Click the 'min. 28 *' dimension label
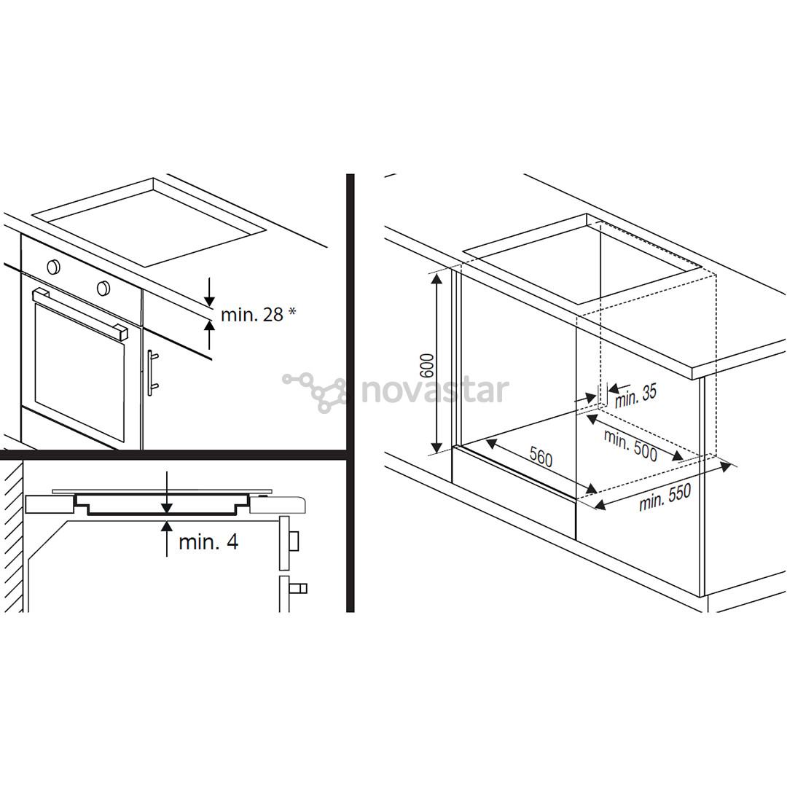(258, 314)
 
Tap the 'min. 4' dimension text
(208, 541)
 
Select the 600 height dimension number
(426, 366)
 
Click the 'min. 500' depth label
(630, 445)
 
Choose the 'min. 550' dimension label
(665, 497)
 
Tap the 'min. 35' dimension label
(636, 396)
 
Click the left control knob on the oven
(53, 267)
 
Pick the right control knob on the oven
(103, 288)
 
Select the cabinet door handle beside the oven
(152, 373)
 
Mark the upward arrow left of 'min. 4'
(167, 539)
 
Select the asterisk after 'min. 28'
(291, 312)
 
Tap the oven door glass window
(79, 372)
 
